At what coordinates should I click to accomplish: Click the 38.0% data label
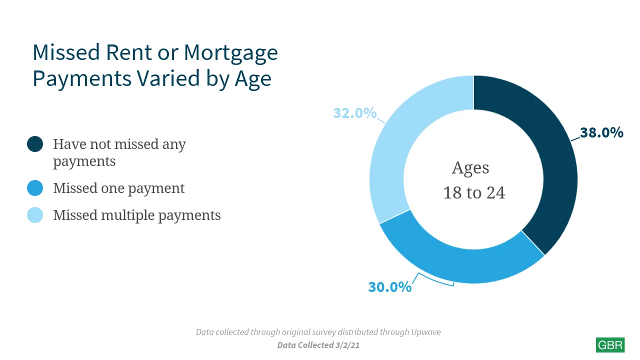(x=601, y=133)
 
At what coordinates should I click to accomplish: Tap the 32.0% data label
(x=355, y=113)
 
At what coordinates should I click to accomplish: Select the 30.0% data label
(x=389, y=287)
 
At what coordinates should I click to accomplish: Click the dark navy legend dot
(x=35, y=144)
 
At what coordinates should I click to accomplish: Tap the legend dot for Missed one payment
(x=35, y=188)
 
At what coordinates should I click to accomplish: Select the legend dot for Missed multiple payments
(x=35, y=215)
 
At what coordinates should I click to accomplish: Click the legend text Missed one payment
(x=119, y=188)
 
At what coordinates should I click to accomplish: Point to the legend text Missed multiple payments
(x=137, y=215)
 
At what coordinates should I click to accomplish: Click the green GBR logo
(x=610, y=345)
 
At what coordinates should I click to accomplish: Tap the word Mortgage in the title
(x=230, y=53)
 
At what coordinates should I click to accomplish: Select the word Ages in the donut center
(x=470, y=168)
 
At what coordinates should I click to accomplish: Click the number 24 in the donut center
(x=495, y=193)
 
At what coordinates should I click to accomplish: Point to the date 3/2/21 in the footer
(x=347, y=345)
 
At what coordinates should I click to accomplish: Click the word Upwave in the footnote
(x=425, y=332)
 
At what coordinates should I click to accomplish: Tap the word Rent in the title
(x=128, y=53)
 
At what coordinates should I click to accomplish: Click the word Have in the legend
(x=69, y=144)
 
